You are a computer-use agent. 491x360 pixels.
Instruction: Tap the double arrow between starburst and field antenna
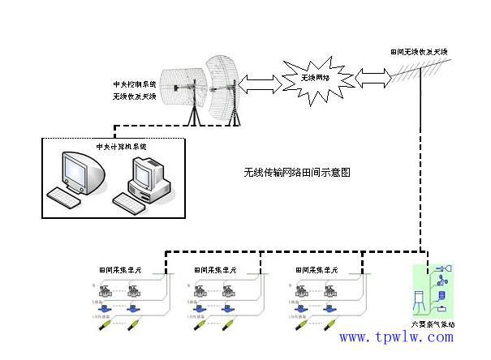pos(371,79)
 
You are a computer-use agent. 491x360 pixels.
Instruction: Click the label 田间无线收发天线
pos(419,52)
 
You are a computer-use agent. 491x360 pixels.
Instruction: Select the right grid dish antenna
pos(223,86)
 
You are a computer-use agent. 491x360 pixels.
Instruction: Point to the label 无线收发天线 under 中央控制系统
pos(133,96)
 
